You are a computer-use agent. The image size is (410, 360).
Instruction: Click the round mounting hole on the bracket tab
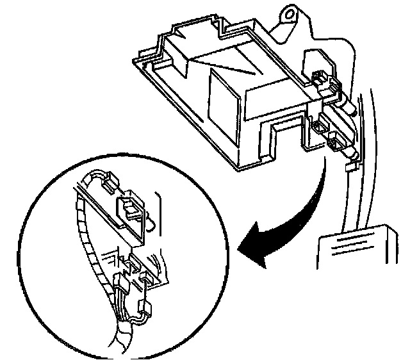tap(289, 12)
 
